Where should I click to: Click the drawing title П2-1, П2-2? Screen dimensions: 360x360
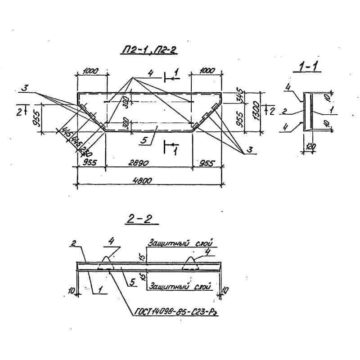[149, 52]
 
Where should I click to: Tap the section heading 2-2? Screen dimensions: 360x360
[140, 220]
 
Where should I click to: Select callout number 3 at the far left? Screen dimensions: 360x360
[26, 90]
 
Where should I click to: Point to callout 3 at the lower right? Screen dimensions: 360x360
[250, 150]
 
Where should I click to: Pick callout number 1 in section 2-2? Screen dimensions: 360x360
[99, 292]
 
